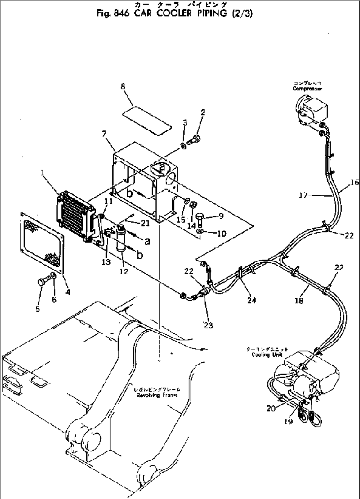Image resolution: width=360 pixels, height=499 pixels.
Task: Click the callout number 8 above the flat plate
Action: tap(123, 86)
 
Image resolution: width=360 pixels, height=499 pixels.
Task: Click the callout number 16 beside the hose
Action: tap(354, 183)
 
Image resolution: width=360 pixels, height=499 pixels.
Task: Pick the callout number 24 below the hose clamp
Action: tap(252, 300)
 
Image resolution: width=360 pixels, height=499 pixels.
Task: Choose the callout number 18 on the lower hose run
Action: tap(299, 300)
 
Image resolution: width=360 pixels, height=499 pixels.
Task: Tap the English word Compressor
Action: tap(307, 89)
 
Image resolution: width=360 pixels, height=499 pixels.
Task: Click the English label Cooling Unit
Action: tap(267, 355)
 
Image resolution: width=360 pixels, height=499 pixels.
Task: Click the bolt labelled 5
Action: tap(41, 282)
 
